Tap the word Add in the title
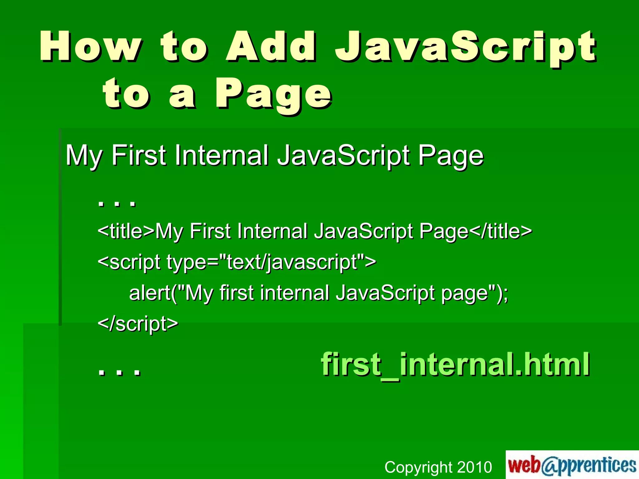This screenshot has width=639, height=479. pyautogui.click(x=271, y=47)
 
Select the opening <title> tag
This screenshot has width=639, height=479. pyautogui.click(x=126, y=231)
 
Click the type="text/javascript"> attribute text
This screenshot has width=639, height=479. pyautogui.click(x=271, y=262)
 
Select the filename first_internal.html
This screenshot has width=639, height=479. pyautogui.click(x=455, y=364)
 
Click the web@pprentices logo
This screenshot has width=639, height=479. pyautogui.click(x=572, y=465)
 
